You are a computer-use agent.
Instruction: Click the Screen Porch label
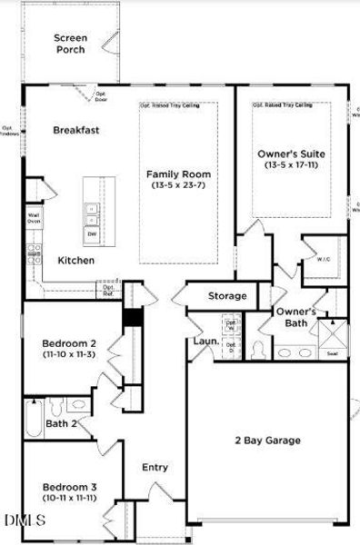70,43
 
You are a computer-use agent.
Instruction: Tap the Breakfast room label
75,130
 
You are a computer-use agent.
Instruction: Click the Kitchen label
76,261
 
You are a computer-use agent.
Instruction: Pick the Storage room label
227,295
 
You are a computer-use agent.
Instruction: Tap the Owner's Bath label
296,317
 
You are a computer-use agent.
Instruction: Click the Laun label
204,342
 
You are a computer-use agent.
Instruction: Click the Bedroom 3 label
68,487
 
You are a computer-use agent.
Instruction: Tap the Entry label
155,467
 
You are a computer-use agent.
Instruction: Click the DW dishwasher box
92,233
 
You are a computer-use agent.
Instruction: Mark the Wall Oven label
34,216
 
